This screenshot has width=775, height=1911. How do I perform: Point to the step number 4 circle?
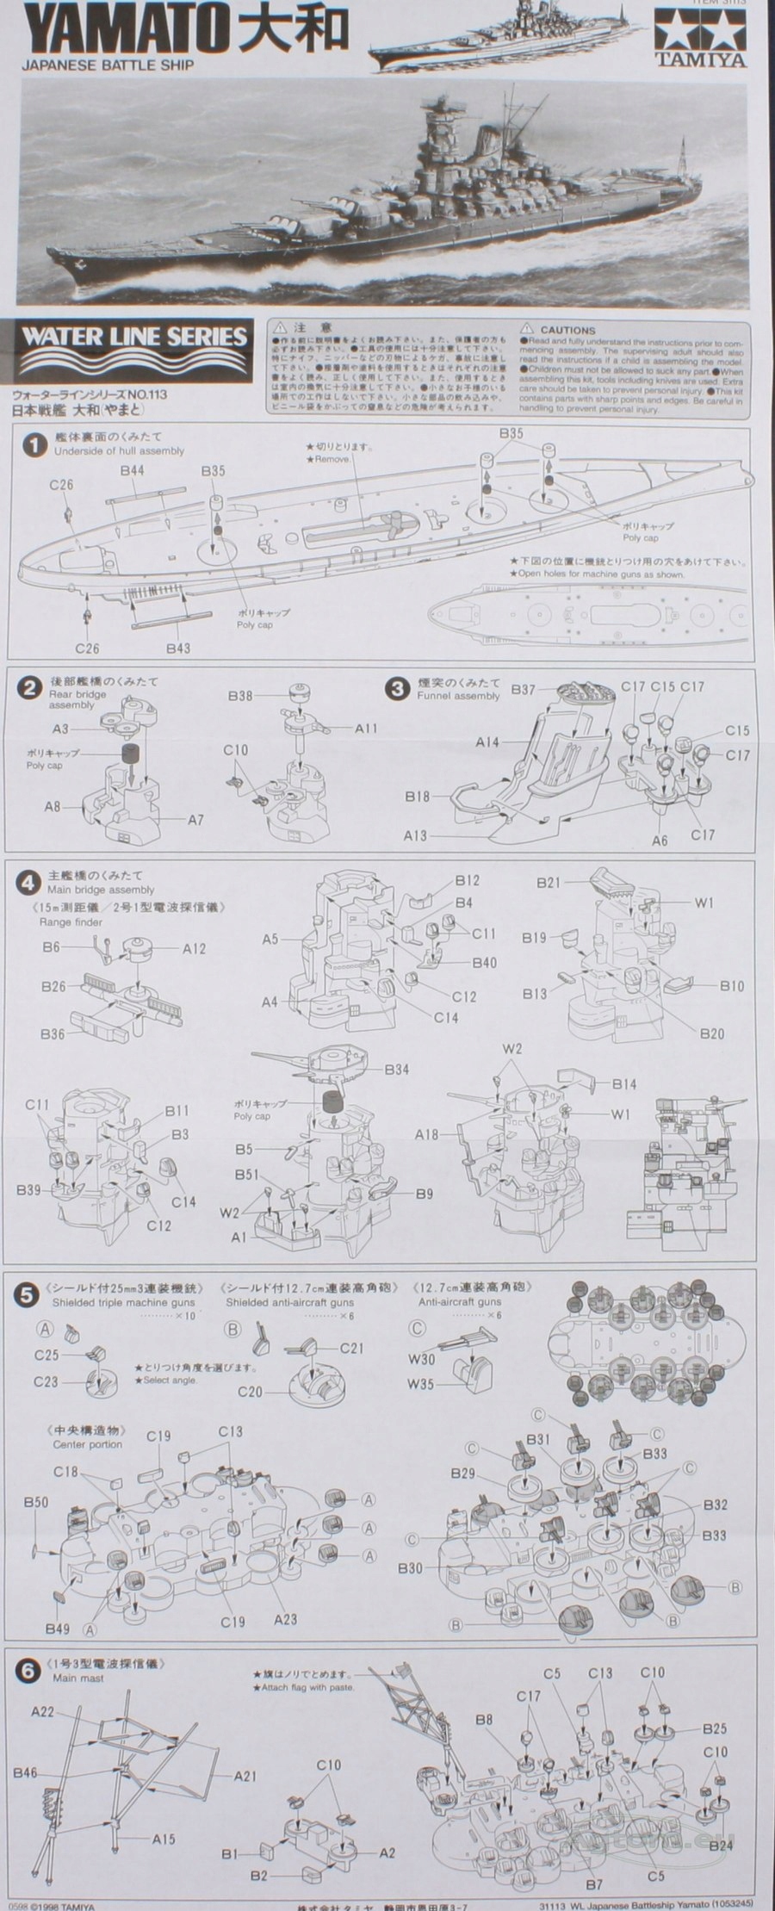[29, 883]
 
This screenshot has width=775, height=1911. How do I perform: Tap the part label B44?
[132, 470]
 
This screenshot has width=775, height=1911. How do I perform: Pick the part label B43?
[178, 647]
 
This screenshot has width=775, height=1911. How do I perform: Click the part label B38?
[240, 695]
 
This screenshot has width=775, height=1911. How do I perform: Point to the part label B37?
[524, 690]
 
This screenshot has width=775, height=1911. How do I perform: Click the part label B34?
[397, 1069]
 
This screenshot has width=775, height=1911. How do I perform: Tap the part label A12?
[195, 948]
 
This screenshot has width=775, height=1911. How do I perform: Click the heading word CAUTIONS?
[567, 330]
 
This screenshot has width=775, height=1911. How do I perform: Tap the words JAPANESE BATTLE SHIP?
[108, 64]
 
